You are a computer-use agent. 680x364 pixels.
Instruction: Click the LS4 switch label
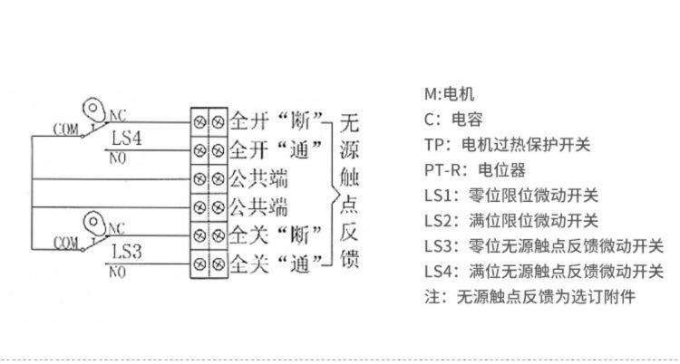pyautogui.click(x=126, y=139)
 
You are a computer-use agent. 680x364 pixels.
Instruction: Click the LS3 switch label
pyautogui.click(x=126, y=252)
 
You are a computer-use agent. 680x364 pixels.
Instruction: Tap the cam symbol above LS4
pyautogui.click(x=94, y=110)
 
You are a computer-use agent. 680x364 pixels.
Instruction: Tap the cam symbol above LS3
pyautogui.click(x=94, y=224)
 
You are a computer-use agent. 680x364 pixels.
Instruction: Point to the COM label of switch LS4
pyautogui.click(x=66, y=129)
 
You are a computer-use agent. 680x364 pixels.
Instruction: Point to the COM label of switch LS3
pyautogui.click(x=66, y=243)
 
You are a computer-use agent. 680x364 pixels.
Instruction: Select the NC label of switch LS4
pyautogui.click(x=118, y=116)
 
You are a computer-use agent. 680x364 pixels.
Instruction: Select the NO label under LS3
pyautogui.click(x=117, y=273)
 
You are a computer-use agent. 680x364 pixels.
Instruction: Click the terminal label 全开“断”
pyautogui.click(x=277, y=121)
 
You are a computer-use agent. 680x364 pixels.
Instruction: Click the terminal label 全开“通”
pyautogui.click(x=277, y=150)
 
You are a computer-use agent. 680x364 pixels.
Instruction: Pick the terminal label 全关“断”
pyautogui.click(x=277, y=235)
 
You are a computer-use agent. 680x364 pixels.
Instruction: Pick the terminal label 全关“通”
pyautogui.click(x=277, y=263)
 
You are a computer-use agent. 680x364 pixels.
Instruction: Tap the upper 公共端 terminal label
pyautogui.click(x=258, y=178)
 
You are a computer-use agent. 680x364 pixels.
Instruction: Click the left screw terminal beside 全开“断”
pyautogui.click(x=199, y=122)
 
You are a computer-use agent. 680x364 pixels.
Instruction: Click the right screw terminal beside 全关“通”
pyautogui.click(x=219, y=263)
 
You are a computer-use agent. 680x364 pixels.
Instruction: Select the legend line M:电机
pyautogui.click(x=450, y=94)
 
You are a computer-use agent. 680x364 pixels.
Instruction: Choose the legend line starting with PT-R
pyautogui.click(x=475, y=170)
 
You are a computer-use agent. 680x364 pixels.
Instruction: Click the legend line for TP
pyautogui.click(x=508, y=145)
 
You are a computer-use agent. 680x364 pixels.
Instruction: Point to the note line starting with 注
pyautogui.click(x=530, y=297)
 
